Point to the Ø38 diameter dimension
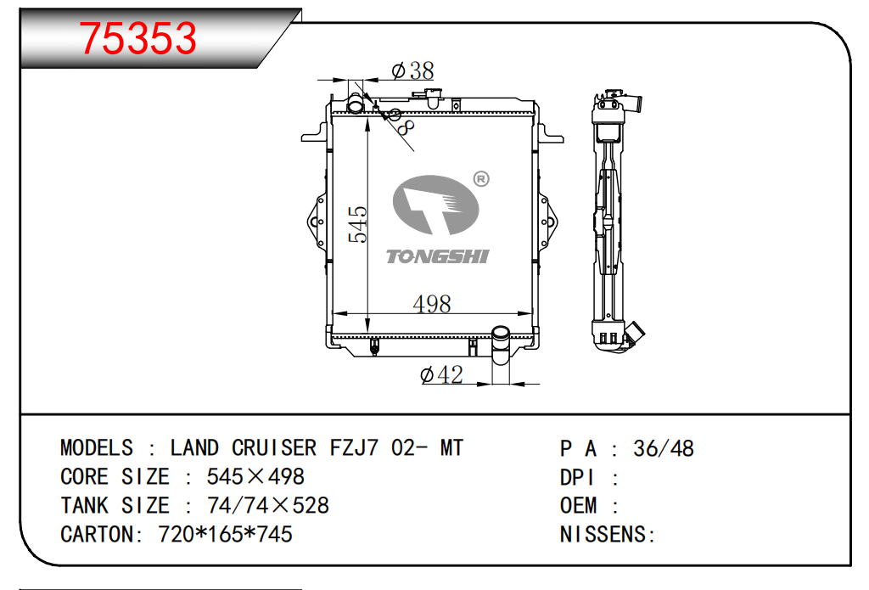tap(412, 70)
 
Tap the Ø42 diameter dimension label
tap(441, 375)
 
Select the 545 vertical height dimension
tap(357, 224)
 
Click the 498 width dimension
tap(432, 304)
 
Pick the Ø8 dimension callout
tap(401, 122)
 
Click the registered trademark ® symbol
tap(481, 179)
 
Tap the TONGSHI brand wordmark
tap(437, 256)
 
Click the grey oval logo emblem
tap(435, 205)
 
